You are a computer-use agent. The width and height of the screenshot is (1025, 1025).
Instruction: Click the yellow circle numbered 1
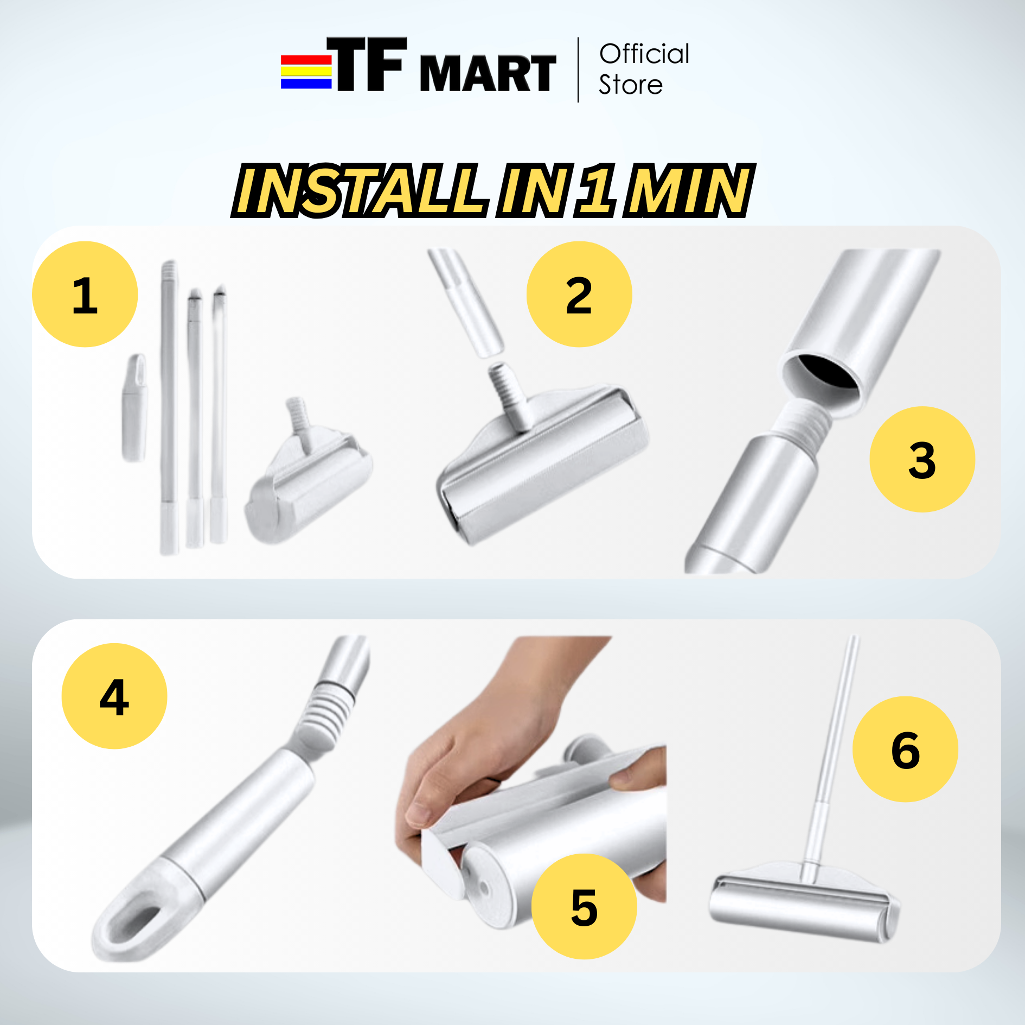(x=85, y=294)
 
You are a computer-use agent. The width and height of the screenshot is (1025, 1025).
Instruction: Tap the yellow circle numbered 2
(x=579, y=294)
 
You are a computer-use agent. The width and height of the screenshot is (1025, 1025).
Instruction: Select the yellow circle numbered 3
(x=922, y=459)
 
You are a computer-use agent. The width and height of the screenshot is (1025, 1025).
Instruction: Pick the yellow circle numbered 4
(x=114, y=696)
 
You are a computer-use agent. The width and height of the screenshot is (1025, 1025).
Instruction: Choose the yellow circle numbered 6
(x=905, y=749)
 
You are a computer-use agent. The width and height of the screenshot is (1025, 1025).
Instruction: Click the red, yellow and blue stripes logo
(x=306, y=72)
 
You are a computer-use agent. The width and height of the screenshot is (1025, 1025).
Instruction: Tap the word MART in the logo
(x=488, y=73)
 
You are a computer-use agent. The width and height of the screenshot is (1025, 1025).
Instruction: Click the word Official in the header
(x=644, y=54)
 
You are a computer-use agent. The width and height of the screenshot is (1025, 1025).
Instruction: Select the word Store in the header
(x=630, y=85)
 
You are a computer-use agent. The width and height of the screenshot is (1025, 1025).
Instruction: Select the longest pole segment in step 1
(x=169, y=407)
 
